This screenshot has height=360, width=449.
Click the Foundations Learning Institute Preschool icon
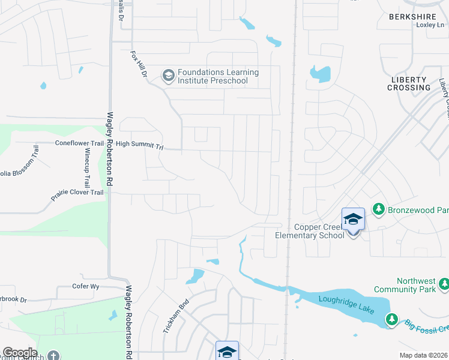coord(169,76)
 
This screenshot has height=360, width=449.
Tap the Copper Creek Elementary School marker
coord(353,220)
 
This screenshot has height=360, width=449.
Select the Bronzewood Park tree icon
coord(379,209)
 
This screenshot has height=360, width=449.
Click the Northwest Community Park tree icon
coord(444,283)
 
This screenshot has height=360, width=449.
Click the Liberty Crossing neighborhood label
coord(410,83)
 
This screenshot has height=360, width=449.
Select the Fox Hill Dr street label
coord(139,65)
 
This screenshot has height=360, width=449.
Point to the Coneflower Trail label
coord(79,143)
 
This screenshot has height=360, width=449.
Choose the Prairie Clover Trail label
coord(77,192)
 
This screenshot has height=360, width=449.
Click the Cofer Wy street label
coord(85,287)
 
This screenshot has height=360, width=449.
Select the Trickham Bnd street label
coord(176,316)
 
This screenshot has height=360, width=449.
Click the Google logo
coord(20,352)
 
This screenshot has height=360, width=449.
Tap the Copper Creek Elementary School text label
coord(310,231)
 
